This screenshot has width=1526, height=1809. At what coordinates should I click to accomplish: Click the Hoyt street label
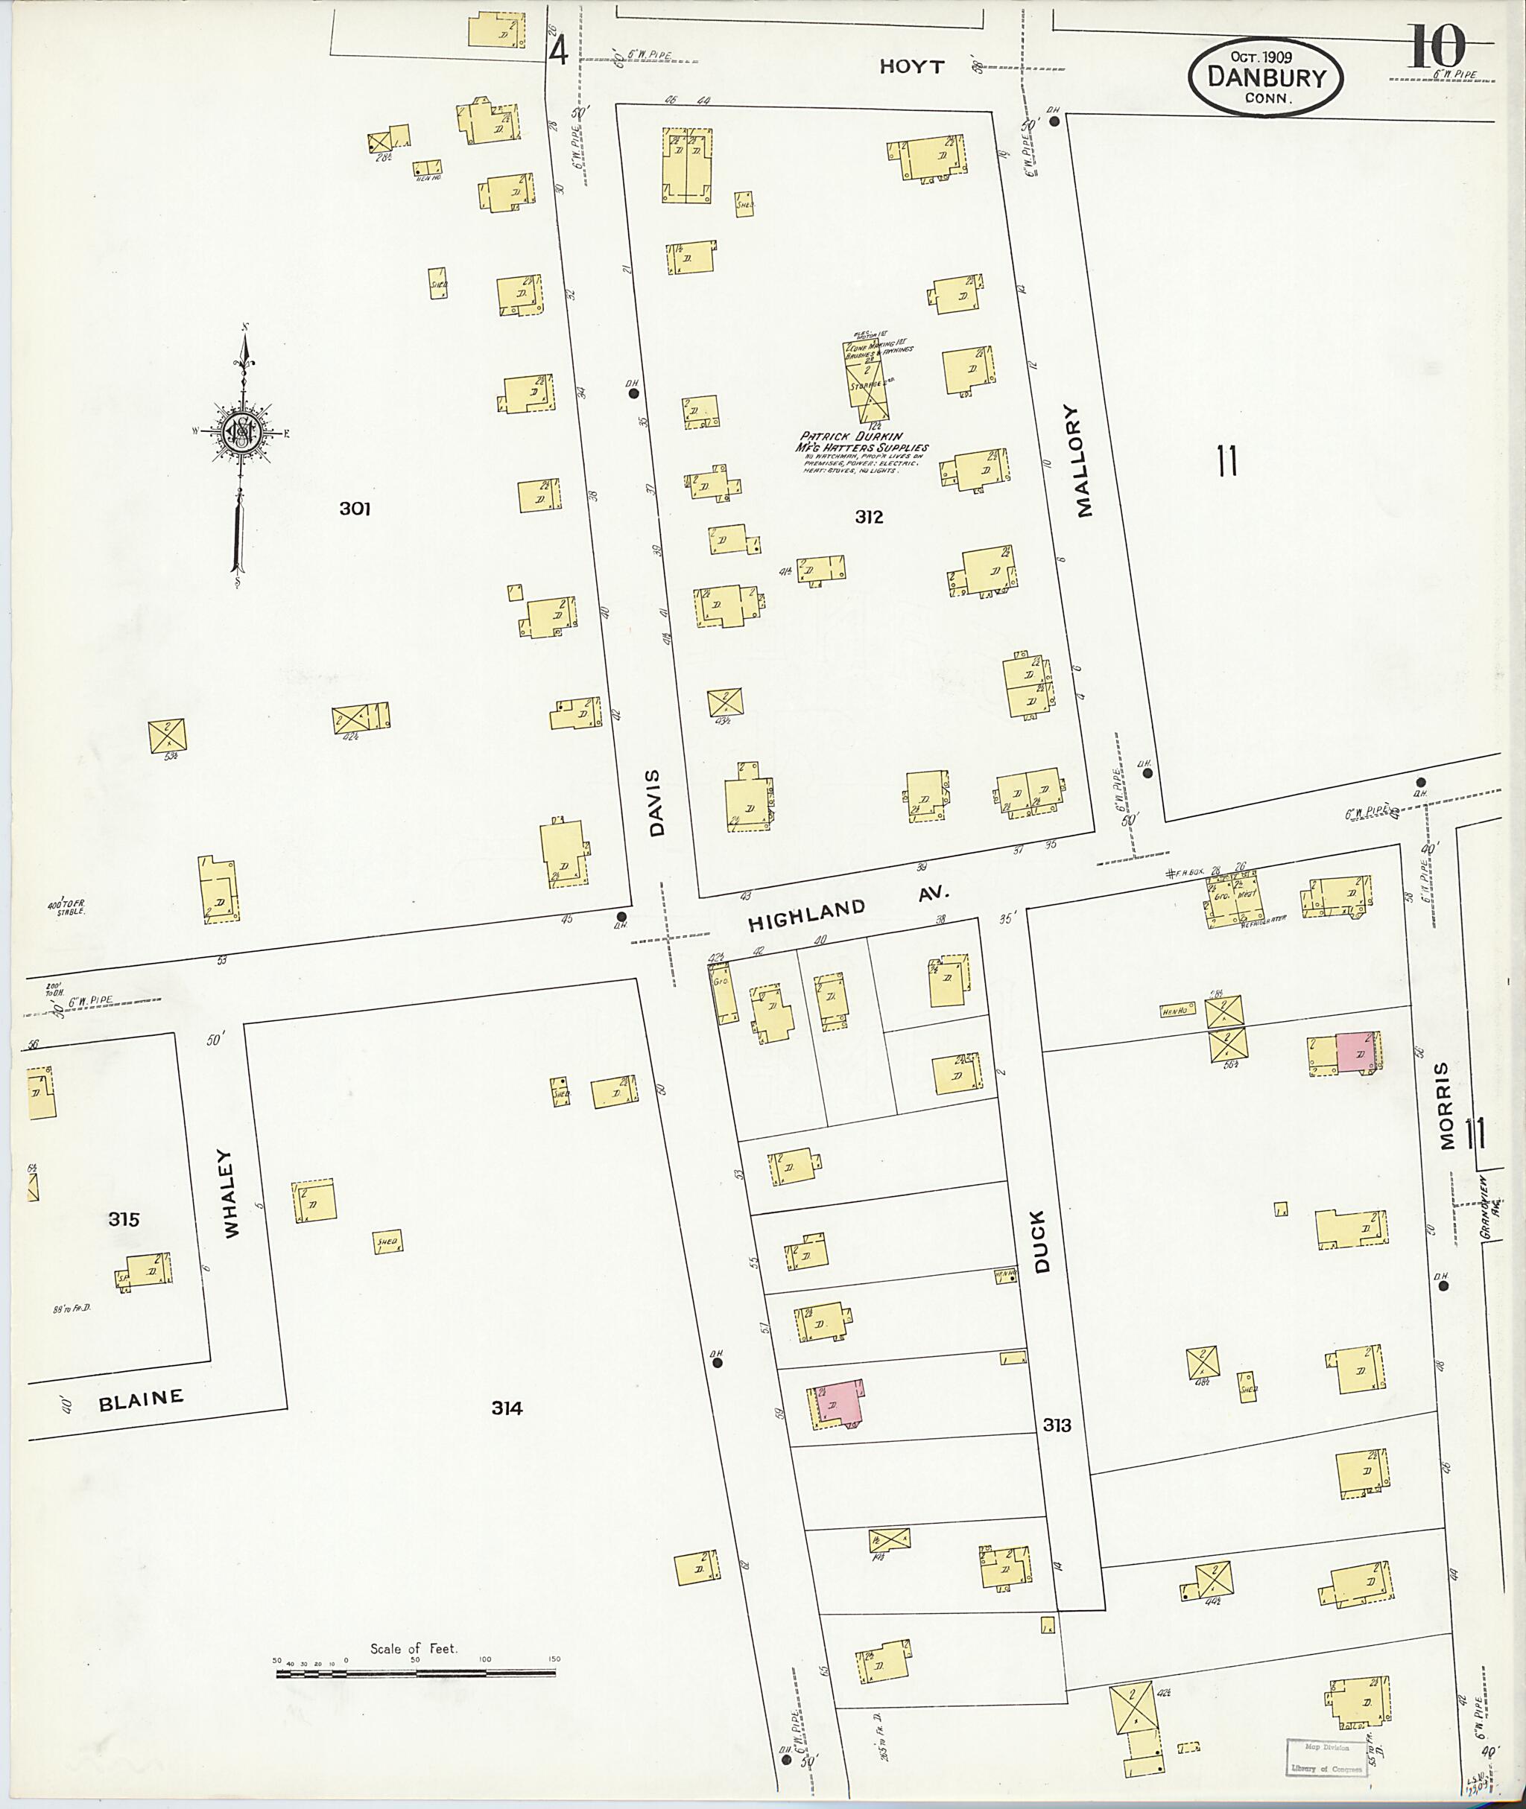[912, 66]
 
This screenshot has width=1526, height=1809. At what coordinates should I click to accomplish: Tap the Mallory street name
[1085, 461]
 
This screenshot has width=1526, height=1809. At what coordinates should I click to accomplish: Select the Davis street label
[656, 802]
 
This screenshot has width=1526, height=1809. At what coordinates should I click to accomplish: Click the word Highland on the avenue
[805, 914]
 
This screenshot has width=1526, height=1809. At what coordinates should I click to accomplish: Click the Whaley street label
[231, 1192]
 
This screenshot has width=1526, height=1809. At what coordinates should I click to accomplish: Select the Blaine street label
[140, 1400]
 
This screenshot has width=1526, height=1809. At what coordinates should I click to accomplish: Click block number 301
[355, 509]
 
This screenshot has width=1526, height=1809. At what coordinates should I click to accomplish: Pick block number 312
[869, 516]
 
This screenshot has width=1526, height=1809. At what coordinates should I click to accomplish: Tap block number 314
[507, 1408]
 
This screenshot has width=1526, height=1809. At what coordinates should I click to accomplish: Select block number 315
[124, 1219]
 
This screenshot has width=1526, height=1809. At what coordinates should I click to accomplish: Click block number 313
[1057, 1424]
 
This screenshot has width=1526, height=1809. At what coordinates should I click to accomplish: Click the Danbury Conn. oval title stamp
[1266, 77]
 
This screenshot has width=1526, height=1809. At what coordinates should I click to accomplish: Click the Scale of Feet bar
[415, 1673]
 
